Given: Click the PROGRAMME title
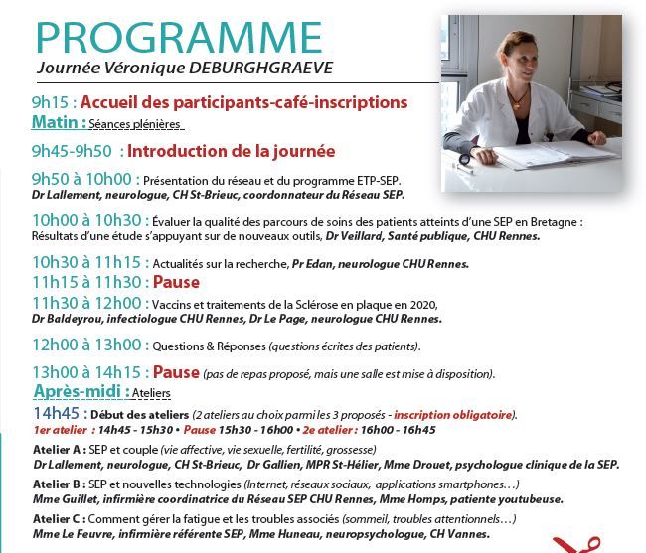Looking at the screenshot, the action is (179, 38).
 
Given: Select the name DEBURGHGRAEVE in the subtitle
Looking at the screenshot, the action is (260, 68).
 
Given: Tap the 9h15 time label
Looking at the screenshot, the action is (50, 102).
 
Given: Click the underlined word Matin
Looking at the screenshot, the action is (55, 122).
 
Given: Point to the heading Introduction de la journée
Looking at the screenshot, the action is (232, 152).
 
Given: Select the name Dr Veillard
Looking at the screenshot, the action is (354, 236).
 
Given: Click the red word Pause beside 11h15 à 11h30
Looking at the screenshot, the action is (176, 282).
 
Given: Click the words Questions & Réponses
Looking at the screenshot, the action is (210, 346).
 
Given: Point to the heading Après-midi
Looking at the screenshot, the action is (78, 391).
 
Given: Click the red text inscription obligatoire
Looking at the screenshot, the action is (452, 415).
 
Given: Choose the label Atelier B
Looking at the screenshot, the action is (57, 484).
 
